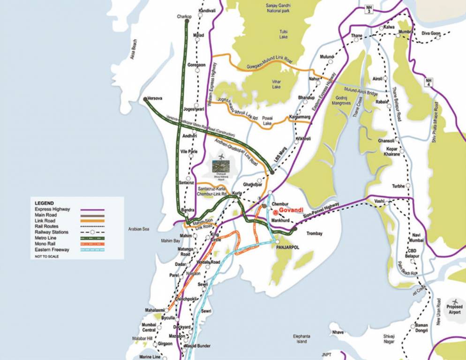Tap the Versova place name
click(x=154, y=99)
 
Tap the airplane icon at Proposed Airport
click(x=454, y=301)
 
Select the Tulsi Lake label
click(x=283, y=34)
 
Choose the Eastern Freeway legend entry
click(x=52, y=250)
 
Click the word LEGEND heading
click(x=44, y=203)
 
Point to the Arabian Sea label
click(x=138, y=229)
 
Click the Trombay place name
click(x=314, y=233)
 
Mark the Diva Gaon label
click(x=431, y=33)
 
